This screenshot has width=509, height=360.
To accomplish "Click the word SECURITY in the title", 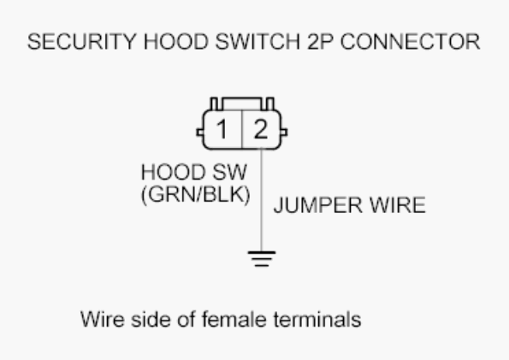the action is tap(81, 42).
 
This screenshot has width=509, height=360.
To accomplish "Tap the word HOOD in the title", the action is tap(176, 42).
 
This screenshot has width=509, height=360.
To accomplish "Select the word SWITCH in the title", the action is tap(257, 42).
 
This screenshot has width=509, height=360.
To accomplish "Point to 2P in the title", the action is tap(320, 42).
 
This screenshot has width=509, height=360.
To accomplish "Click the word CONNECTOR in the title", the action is tap(410, 42).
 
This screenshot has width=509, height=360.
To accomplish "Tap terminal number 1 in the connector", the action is tap(222, 129).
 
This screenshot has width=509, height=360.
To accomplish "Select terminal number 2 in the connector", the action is tap(261, 129).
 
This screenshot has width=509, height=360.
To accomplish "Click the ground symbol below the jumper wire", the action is tap(262, 259).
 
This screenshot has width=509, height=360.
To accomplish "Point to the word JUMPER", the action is tap(317, 205).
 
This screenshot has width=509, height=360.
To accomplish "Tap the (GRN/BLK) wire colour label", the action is tap(196, 194).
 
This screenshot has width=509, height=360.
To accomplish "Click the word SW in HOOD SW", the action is tap(229, 172).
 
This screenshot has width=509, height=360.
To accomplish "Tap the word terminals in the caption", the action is tap(317, 319).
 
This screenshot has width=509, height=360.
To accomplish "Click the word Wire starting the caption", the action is tap(103, 319).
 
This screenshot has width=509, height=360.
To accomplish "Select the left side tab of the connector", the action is tap(200, 133).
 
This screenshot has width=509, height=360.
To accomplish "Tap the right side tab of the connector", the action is tap(284, 133).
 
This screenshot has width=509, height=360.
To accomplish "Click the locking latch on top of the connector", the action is tap(242, 103).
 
